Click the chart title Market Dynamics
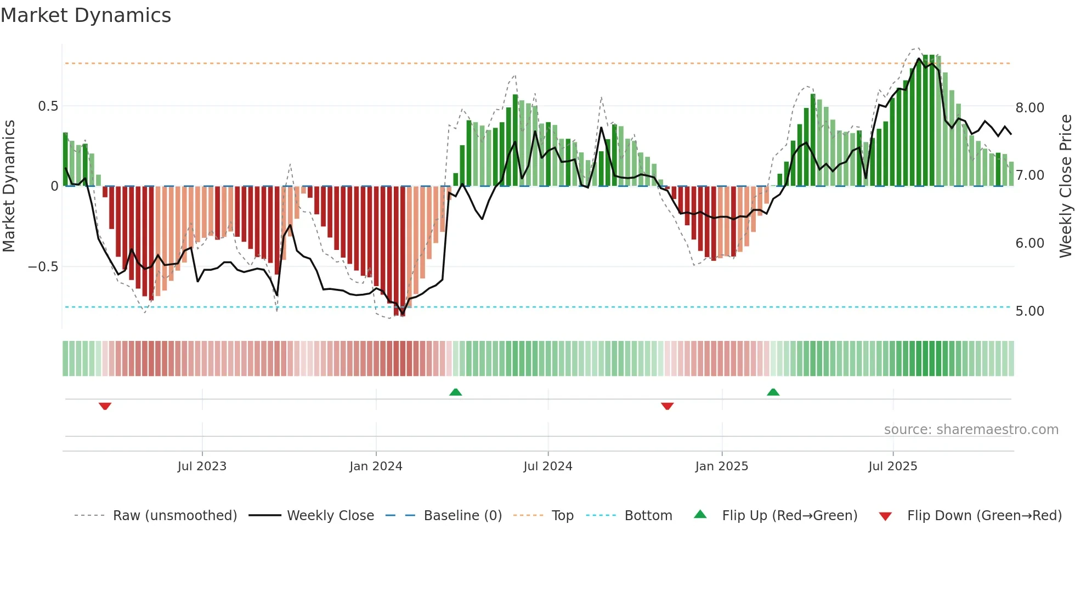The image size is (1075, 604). (86, 15)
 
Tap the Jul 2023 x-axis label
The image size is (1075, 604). (202, 466)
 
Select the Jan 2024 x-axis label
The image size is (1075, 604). (376, 466)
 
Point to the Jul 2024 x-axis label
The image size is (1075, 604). (547, 466)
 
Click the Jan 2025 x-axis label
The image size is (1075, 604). (721, 466)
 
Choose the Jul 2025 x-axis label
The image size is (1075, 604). (892, 466)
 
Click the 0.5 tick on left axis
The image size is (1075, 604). (48, 106)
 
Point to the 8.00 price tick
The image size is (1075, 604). (1029, 108)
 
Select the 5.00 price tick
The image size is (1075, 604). (1029, 311)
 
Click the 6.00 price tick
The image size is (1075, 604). (1029, 243)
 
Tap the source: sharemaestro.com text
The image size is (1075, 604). (971, 430)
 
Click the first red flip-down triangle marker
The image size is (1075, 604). (105, 406)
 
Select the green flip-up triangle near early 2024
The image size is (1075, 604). (455, 392)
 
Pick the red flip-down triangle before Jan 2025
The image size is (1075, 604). (667, 406)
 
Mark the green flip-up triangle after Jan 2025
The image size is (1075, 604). (773, 392)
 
